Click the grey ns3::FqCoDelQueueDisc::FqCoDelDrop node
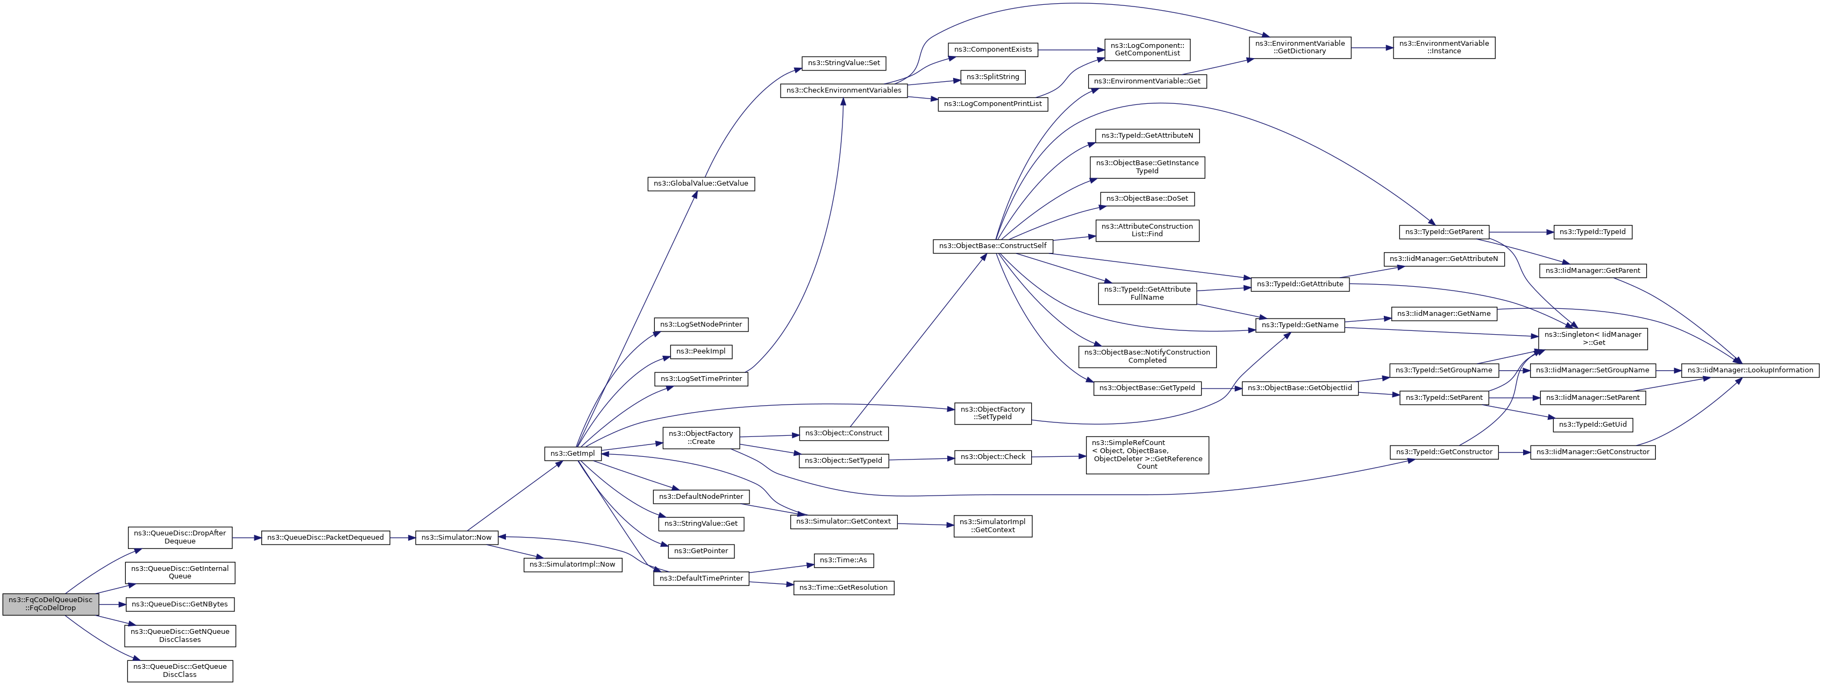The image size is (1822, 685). (50, 604)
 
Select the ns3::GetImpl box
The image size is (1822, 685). (573, 454)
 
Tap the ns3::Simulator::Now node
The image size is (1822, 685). (456, 538)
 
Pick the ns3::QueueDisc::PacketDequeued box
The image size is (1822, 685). (325, 538)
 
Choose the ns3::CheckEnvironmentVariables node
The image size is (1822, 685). (844, 90)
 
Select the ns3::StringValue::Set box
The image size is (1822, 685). (844, 63)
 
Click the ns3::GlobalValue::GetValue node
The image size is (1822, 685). (701, 183)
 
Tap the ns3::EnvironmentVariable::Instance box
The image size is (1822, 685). (1444, 47)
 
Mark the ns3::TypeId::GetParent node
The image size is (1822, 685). (1444, 232)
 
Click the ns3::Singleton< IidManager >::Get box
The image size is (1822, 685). (1594, 339)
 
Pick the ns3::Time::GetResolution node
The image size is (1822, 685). (844, 588)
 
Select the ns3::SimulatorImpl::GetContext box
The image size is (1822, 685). (993, 526)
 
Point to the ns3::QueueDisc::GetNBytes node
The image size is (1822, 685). (180, 604)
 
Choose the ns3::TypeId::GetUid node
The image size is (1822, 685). (1593, 425)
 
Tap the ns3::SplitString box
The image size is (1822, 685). (992, 77)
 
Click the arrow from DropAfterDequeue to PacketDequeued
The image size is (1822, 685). (247, 538)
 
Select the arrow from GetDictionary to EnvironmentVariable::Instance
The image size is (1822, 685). (1372, 47)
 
